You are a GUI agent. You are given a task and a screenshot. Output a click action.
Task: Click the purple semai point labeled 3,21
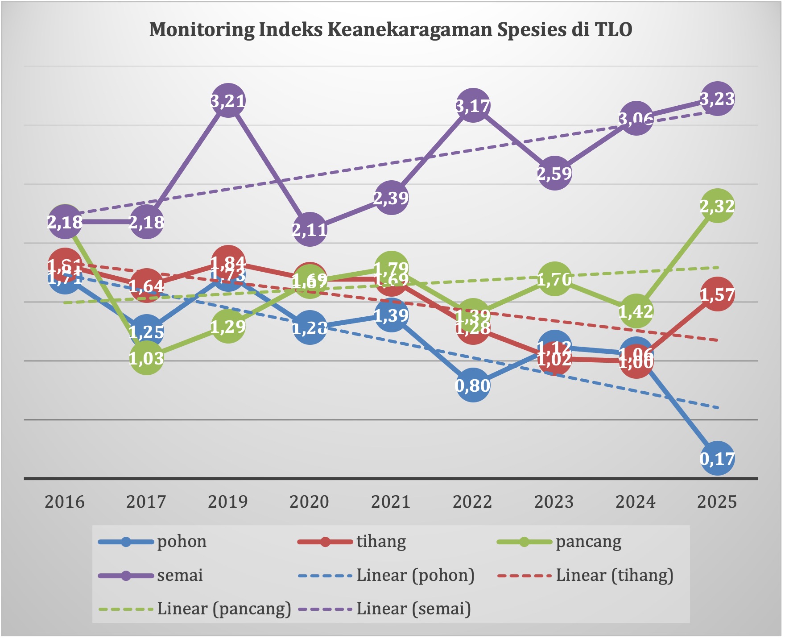click(x=228, y=101)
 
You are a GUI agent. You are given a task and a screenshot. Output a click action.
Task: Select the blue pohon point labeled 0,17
click(x=717, y=458)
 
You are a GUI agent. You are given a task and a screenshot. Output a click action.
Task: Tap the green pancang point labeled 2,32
click(x=717, y=206)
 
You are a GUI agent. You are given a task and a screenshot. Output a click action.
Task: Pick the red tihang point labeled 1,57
click(x=717, y=294)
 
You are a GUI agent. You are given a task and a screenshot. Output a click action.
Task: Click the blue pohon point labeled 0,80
click(x=473, y=385)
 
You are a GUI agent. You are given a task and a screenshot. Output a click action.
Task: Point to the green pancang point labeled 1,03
click(x=146, y=358)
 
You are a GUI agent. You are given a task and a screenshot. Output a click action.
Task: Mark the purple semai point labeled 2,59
click(x=554, y=173)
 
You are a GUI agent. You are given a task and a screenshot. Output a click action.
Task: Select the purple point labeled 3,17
click(x=473, y=105)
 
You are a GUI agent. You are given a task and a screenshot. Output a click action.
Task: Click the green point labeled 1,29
click(x=228, y=327)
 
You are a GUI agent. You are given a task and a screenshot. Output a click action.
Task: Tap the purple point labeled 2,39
click(x=391, y=197)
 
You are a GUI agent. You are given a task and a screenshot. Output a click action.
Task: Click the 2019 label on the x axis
click(x=228, y=502)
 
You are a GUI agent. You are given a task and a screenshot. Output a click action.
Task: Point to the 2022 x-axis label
click(x=473, y=502)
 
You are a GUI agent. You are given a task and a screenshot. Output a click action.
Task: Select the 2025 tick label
click(x=717, y=502)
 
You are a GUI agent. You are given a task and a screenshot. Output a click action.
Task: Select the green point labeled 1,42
click(x=636, y=311)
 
